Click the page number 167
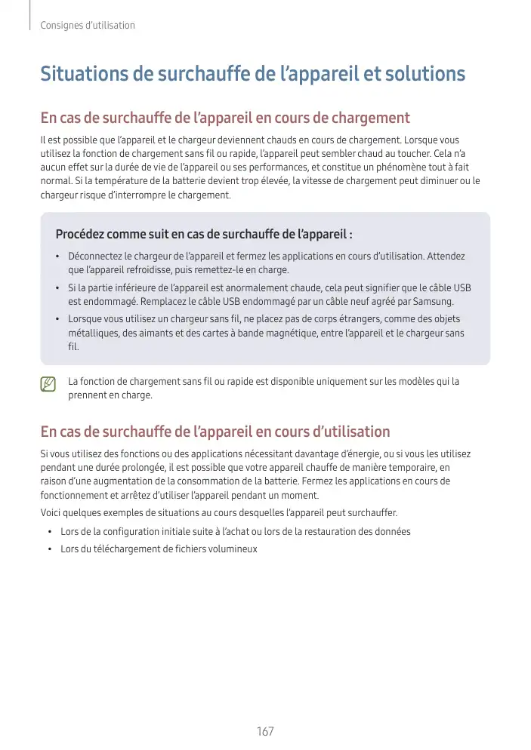(265, 730)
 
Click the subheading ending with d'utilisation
(215, 432)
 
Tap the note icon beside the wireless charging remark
(48, 384)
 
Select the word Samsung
(434, 302)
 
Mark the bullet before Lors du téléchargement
(50, 549)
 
